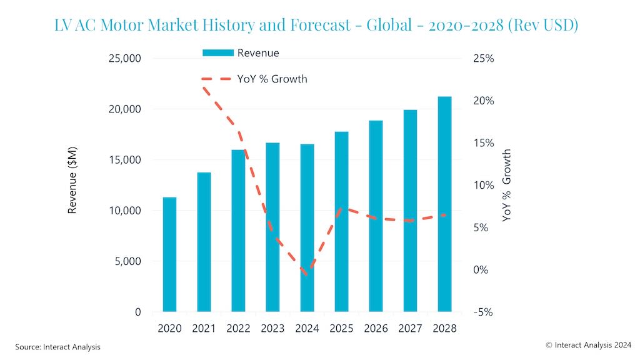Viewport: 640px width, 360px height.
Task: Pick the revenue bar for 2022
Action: pyautogui.click(x=238, y=231)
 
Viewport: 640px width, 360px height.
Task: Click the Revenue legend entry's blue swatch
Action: pyautogui.click(x=217, y=53)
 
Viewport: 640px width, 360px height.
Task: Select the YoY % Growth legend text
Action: pyautogui.click(x=272, y=79)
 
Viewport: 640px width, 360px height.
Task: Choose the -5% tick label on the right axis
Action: pyautogui.click(x=482, y=312)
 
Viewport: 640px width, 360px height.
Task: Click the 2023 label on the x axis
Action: pyautogui.click(x=272, y=329)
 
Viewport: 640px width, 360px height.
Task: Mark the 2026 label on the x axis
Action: pyautogui.click(x=376, y=329)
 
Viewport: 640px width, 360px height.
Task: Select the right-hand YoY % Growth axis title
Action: pyautogui.click(x=507, y=185)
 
